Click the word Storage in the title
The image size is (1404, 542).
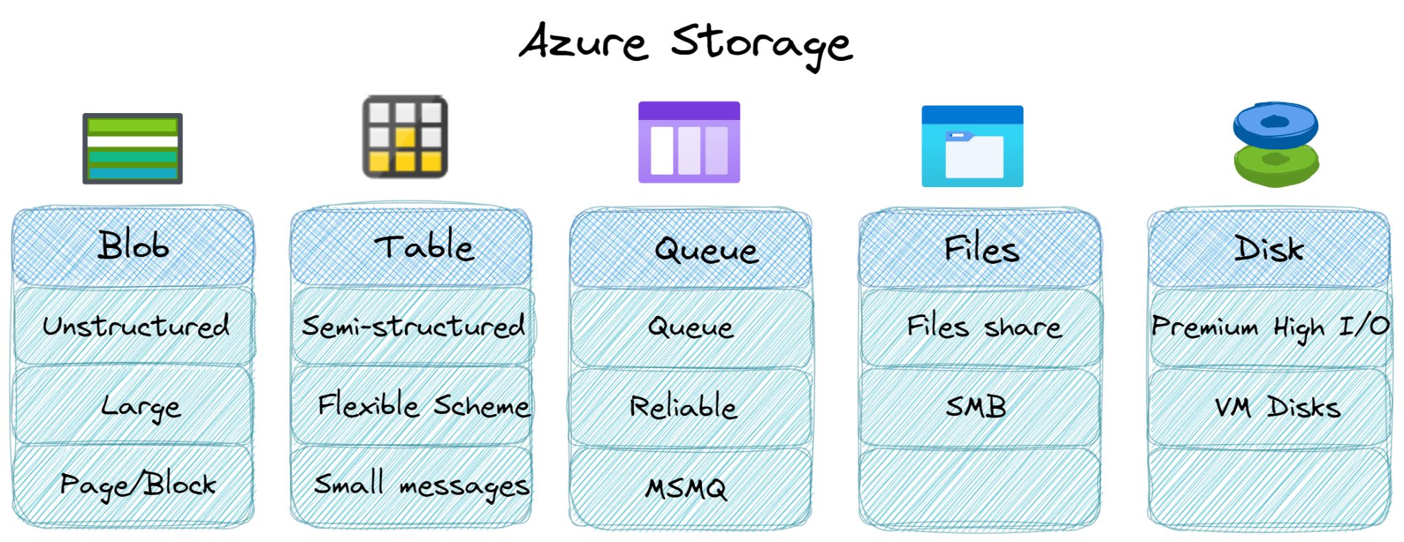coord(762,45)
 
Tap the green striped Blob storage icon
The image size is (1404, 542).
coord(132,149)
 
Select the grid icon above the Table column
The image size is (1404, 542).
coord(405,136)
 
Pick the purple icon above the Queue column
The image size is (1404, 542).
coord(689,142)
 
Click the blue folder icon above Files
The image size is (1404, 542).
coord(972,146)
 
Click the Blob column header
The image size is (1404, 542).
coord(133,246)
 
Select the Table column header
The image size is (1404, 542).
coord(411,247)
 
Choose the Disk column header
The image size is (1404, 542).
coord(1269,248)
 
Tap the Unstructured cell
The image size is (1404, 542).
coord(134,326)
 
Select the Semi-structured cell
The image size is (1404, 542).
coord(413,326)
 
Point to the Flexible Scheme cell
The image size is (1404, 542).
coord(412,406)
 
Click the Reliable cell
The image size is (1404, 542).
coord(691,407)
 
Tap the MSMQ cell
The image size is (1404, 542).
coord(690,488)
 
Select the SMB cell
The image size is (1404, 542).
coord(980,407)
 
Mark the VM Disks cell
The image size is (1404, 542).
coord(1270,407)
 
